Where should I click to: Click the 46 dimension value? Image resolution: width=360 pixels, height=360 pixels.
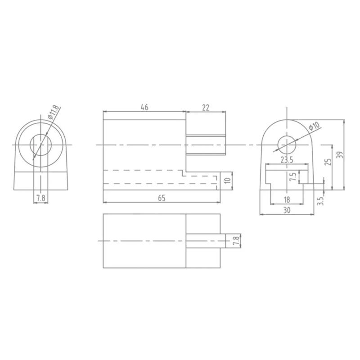coord(144,107)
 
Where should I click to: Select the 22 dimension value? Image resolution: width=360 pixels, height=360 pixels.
coord(206,107)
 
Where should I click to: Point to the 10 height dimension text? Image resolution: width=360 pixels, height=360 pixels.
coord(228,181)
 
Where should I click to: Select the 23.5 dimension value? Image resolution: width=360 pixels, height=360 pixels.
coord(287,160)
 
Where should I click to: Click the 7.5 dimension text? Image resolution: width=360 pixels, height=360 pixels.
coord(293,177)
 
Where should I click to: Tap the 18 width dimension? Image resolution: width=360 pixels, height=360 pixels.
coord(287,199)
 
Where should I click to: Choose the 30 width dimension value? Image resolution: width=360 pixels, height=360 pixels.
coord(287,210)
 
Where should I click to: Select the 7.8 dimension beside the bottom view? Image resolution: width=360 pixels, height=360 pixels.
coord(235,241)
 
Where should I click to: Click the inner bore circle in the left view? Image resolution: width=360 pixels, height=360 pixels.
coord(41,145)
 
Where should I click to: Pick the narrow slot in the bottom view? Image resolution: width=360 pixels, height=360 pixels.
coord(205,241)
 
